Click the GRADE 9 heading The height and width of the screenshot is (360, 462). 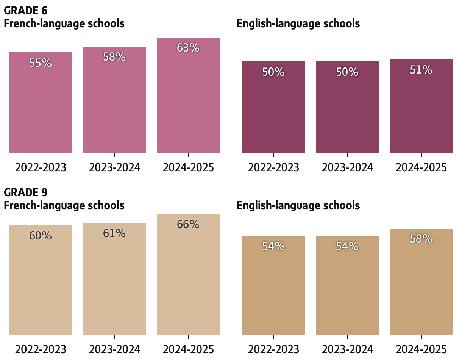(x=26, y=192)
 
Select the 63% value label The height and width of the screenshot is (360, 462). (x=188, y=48)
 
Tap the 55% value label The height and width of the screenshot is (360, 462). (x=41, y=63)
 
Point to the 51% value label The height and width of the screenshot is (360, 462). (x=421, y=70)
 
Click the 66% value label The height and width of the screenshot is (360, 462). (x=188, y=224)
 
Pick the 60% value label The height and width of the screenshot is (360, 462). (x=41, y=236)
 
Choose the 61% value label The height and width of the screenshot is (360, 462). (x=114, y=233)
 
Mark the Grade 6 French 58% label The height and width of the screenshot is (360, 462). (x=114, y=57)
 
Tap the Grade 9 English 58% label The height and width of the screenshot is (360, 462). (x=421, y=239)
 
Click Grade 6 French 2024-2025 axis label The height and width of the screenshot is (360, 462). (x=188, y=167)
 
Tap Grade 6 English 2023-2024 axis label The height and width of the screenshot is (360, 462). (x=347, y=167)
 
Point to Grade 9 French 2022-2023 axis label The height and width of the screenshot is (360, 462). (x=41, y=349)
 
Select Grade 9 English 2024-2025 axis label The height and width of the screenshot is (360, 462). (x=421, y=349)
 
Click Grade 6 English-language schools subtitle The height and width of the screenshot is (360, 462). (x=298, y=23)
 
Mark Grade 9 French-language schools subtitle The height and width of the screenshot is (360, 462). (x=64, y=205)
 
